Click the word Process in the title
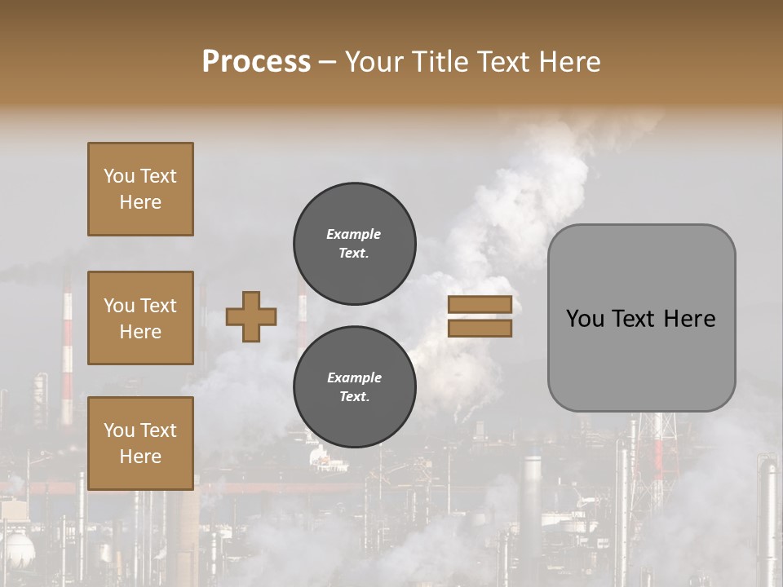click(x=256, y=62)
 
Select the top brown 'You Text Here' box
click(x=140, y=189)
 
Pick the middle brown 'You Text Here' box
click(x=140, y=318)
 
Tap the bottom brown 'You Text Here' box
click(x=140, y=443)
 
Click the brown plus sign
click(x=251, y=316)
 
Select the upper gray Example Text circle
click(x=354, y=243)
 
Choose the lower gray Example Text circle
click(x=354, y=386)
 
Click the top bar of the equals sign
click(x=480, y=305)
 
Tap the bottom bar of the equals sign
click(x=480, y=328)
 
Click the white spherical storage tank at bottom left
click(x=18, y=547)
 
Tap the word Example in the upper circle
click(x=354, y=234)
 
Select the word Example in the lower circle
click(x=354, y=377)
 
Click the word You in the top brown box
click(x=119, y=176)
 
